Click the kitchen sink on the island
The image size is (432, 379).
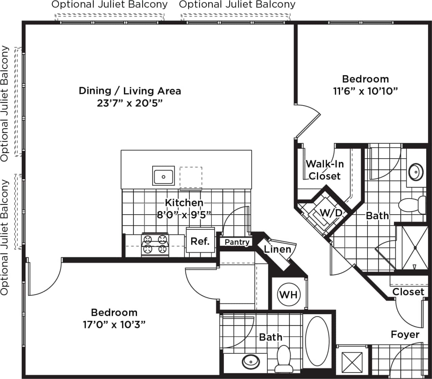[163, 176]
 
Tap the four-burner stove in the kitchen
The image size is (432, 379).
[155, 245]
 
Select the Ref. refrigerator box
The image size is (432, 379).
[200, 241]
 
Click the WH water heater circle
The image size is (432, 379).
[289, 295]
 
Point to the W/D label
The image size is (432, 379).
[331, 213]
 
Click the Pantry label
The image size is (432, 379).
[237, 242]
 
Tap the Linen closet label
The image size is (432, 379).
[277, 249]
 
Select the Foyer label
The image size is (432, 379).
[405, 334]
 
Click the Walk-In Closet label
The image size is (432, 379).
[325, 170]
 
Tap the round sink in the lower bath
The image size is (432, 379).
[250, 362]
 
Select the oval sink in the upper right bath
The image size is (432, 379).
[415, 172]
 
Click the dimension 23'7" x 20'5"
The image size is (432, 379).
[130, 103]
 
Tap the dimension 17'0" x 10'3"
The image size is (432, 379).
[114, 325]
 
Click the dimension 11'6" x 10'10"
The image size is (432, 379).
[366, 91]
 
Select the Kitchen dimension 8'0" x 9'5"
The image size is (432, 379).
[184, 215]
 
